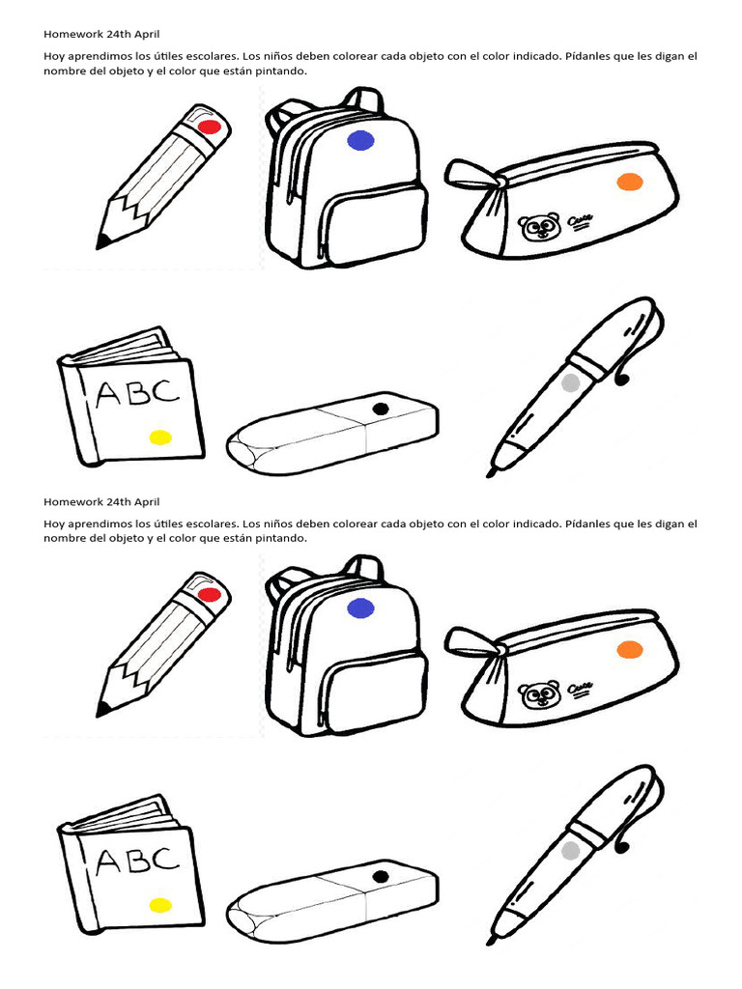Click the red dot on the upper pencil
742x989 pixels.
209,127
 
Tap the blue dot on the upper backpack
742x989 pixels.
360,141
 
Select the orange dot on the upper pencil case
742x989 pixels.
629,182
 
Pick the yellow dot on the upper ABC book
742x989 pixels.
160,438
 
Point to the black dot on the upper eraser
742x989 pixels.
380,410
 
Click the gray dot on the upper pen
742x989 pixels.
570,382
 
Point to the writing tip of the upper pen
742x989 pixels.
494,472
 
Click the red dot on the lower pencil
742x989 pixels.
209,595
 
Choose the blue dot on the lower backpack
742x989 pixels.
360,608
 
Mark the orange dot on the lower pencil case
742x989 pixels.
629,649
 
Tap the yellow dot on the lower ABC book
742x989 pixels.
160,905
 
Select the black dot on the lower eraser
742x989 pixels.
380,877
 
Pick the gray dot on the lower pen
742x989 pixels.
570,850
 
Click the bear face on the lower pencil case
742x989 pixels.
538,695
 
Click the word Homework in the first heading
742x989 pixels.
74,34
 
